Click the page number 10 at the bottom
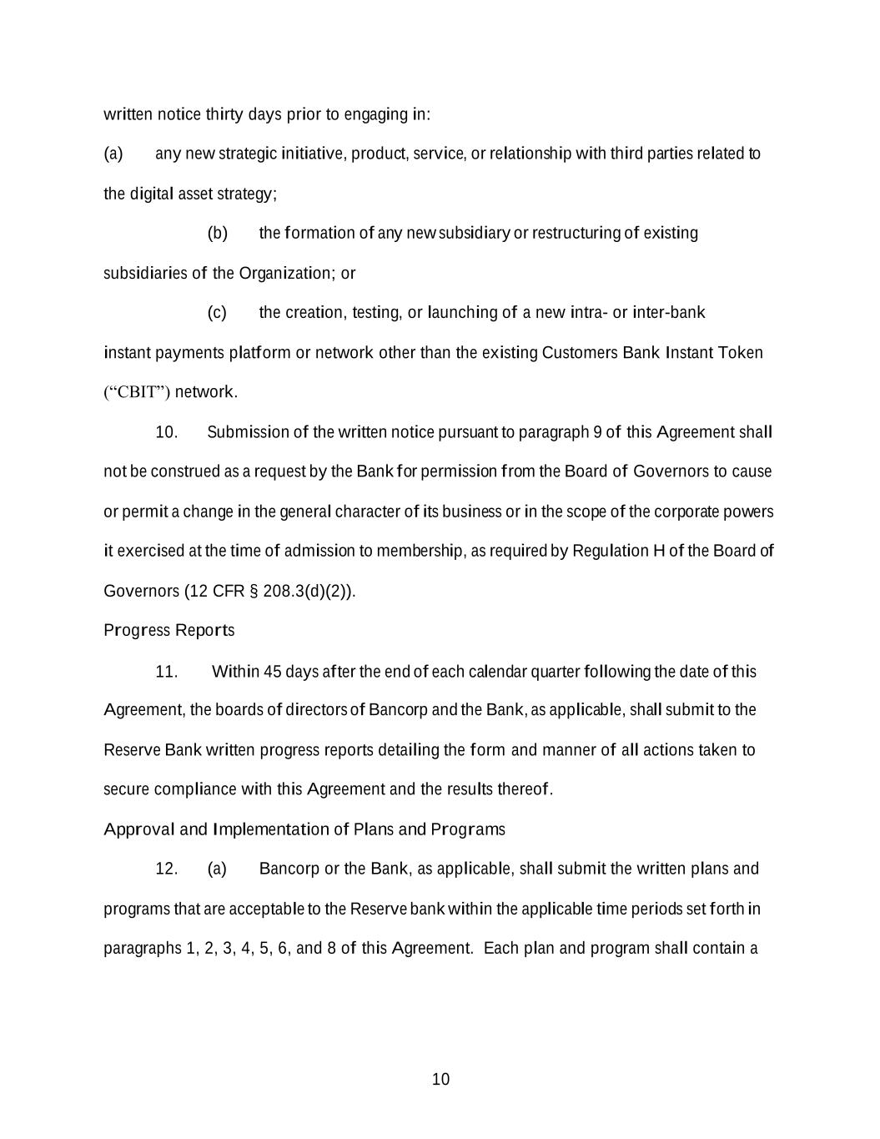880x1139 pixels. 440,1080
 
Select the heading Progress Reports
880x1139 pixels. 168,631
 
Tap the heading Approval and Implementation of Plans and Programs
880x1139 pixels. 304,829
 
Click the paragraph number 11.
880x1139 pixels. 166,672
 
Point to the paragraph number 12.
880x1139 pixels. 166,869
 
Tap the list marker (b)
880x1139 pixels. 217,233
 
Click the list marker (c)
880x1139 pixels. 217,313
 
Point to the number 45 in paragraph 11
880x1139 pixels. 273,672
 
